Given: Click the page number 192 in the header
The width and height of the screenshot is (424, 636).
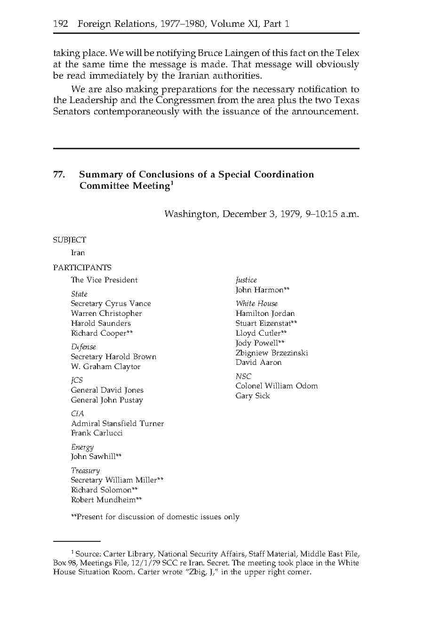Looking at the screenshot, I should point(61,24).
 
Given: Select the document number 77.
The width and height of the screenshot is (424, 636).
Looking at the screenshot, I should point(59,175).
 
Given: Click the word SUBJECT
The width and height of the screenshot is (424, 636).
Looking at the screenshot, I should point(69,240).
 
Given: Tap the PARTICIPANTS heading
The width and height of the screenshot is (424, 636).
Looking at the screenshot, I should point(82,268).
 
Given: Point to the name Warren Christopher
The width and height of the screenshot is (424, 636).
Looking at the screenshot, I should point(106,314).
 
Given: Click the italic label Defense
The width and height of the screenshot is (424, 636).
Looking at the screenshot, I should point(83,347).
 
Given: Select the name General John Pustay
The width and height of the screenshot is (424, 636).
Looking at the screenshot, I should point(107,400).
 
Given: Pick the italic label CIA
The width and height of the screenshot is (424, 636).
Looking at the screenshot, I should point(77,414).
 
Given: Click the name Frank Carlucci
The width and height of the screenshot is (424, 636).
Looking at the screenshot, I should point(96,433).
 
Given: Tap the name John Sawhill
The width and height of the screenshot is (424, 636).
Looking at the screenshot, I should point(94,457).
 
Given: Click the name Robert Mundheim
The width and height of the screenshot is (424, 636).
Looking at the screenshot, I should point(103,500).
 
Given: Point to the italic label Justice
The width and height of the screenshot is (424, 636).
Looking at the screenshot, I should point(246,280).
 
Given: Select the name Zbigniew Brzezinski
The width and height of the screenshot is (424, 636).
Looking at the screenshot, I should point(272,353).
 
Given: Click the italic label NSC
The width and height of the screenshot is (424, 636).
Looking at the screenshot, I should point(243,377).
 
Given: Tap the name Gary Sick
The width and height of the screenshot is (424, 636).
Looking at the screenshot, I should point(253,396).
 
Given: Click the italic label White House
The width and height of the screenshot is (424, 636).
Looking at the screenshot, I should point(256,304).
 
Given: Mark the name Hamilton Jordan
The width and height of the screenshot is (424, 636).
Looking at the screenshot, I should point(265,314).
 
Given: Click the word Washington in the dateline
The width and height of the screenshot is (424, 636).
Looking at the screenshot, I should point(191,214).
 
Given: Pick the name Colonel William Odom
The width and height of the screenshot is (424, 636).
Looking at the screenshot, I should point(276,386).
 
